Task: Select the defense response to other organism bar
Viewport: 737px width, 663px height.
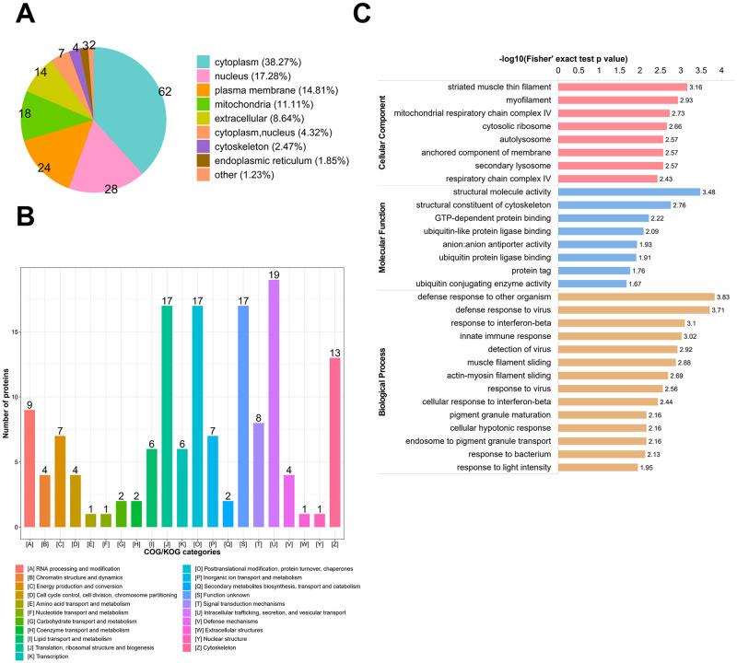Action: [636, 297]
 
